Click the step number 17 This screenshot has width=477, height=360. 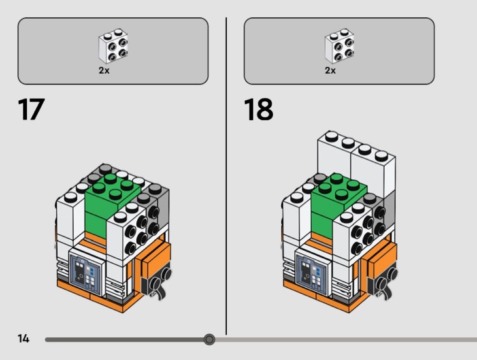coord(31,109)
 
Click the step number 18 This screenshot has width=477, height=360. coord(258,109)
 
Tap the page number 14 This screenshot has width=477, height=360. coord(24,339)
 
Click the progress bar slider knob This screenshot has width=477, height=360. coord(209,339)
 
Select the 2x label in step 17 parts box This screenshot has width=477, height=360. coord(104,70)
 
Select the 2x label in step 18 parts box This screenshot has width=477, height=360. coord(330,70)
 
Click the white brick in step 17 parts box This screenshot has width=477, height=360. coord(113,46)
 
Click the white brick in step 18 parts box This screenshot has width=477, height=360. coord(339,46)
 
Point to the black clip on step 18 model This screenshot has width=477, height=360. coord(384,284)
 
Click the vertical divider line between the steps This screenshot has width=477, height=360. coord(226,176)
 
